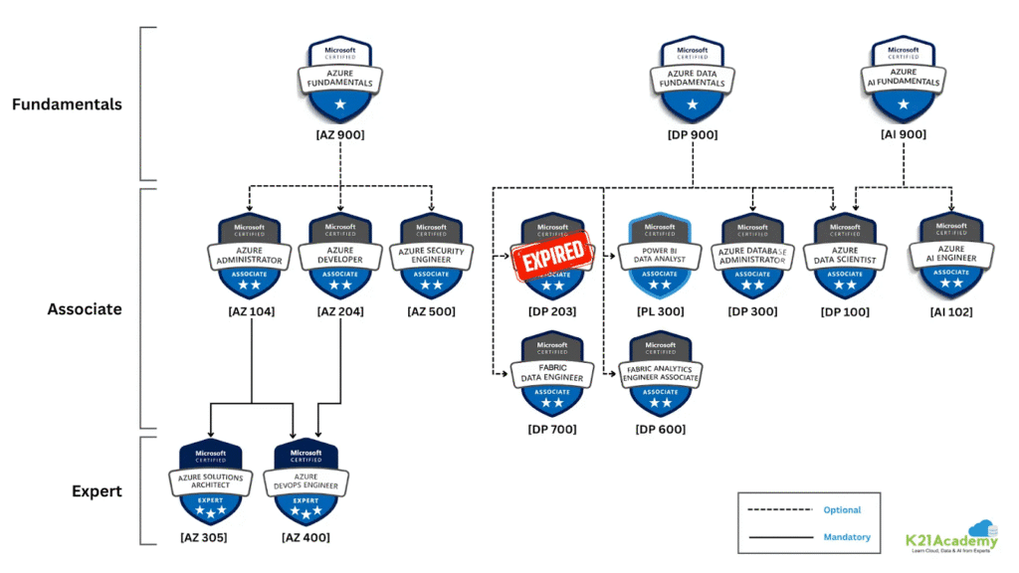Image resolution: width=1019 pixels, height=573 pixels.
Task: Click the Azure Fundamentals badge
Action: tap(339, 77)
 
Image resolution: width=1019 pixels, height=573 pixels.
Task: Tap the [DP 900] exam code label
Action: tap(693, 135)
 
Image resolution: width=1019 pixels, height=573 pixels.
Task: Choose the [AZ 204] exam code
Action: tap(338, 312)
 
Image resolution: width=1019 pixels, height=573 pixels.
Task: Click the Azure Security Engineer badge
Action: tap(431, 255)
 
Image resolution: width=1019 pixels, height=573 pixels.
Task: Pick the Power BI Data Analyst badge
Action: tap(660, 255)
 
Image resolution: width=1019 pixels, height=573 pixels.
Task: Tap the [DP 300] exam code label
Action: tap(752, 312)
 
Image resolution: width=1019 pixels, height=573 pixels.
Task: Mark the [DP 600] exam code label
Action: tap(661, 429)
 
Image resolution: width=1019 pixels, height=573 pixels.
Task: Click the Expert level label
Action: tap(97, 490)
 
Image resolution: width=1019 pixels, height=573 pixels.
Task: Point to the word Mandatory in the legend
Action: tap(847, 537)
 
